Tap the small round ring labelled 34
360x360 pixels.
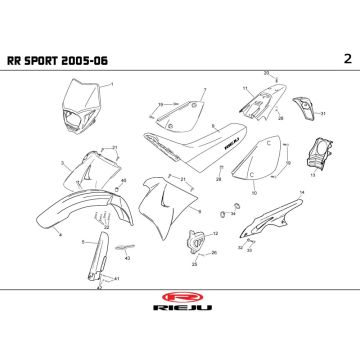point(221,213)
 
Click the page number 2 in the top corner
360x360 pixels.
point(346,57)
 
